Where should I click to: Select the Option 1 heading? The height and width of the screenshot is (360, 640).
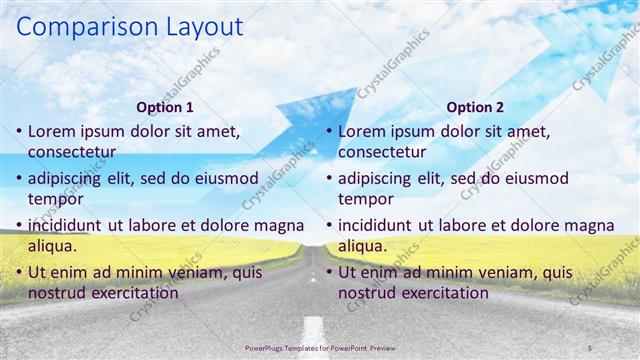[x=165, y=107]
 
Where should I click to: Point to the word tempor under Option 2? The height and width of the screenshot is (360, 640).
[x=366, y=199]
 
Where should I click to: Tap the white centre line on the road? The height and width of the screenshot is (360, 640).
[x=313, y=331]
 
